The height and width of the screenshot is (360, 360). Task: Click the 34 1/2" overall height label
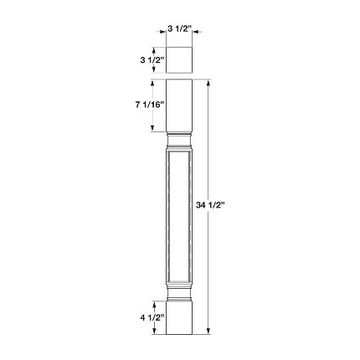point(210,205)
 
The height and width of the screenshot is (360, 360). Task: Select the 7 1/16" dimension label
point(149,105)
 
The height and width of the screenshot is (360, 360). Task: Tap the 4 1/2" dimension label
point(152,317)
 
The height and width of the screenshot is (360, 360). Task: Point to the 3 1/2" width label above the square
point(180,28)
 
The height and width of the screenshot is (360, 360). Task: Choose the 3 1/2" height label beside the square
point(152,59)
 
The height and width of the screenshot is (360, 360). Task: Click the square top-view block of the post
point(179,60)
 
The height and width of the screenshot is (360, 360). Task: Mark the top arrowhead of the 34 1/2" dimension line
point(208,83)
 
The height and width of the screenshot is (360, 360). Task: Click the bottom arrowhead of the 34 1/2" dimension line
point(208,332)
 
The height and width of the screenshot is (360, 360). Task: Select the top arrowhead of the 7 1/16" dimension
point(152,84)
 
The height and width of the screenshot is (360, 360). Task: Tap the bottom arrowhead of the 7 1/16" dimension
point(152,128)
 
